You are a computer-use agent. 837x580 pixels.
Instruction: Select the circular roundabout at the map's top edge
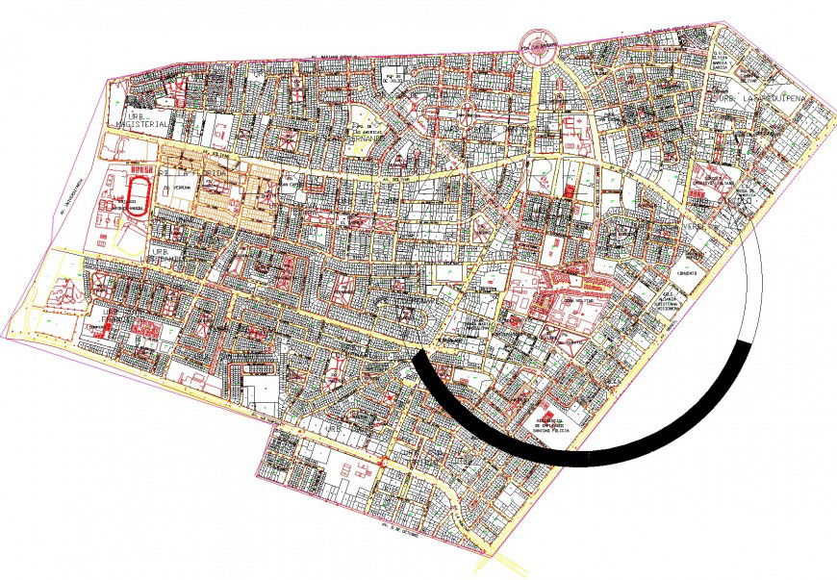541,44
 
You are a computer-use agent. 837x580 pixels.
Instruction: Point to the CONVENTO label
687,272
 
